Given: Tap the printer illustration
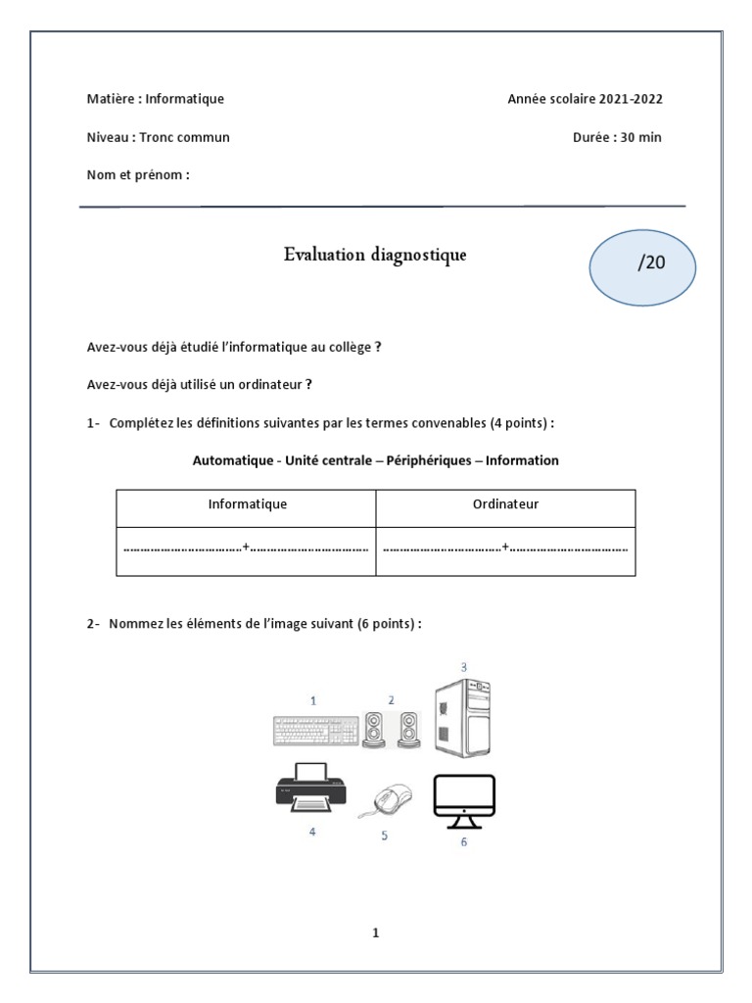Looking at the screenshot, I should tap(310, 789).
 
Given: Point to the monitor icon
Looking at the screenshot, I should tap(464, 797).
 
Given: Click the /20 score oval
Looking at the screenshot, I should tap(641, 264).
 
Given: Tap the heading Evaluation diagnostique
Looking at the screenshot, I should tap(375, 256).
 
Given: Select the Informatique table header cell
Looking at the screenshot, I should tap(247, 504).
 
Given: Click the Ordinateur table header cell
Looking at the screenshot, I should tap(506, 504).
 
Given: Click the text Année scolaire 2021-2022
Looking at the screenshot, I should tap(590, 99).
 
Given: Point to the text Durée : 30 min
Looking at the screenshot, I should tap(617, 137).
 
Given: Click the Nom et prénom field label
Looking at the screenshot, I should tap(138, 175).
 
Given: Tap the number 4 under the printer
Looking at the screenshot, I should tap(312, 832).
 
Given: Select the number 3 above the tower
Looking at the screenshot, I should tap(463, 667).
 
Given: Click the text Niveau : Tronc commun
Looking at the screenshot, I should tap(159, 137).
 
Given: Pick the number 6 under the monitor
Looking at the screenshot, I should tap(463, 842).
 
